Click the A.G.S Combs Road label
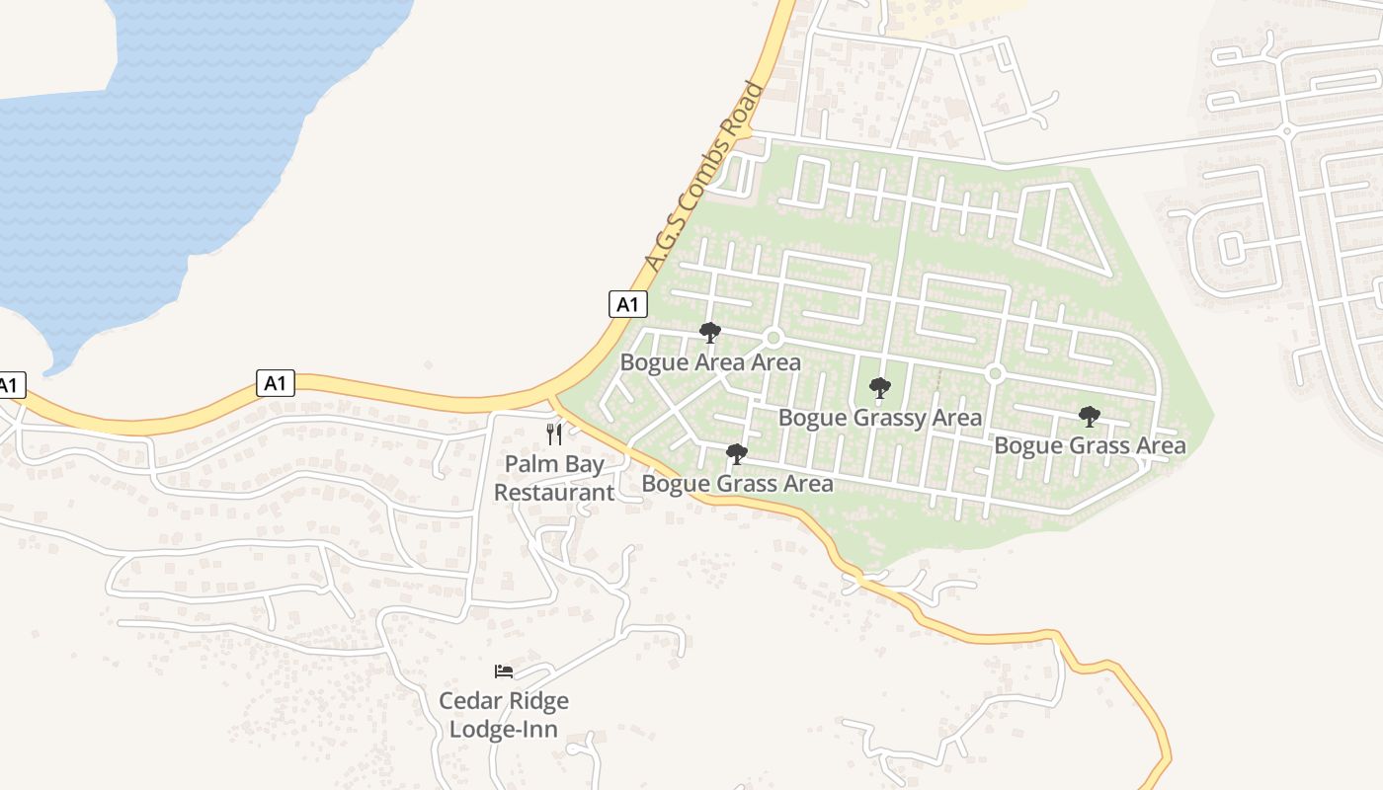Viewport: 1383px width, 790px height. click(x=704, y=177)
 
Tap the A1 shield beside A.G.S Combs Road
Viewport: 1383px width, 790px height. click(x=627, y=304)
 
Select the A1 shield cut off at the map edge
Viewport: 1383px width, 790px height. click(x=10, y=385)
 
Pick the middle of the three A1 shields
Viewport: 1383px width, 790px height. click(x=276, y=383)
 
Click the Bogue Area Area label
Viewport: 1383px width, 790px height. click(x=710, y=362)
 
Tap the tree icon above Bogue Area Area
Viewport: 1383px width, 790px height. click(x=709, y=333)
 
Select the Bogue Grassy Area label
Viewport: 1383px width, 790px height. click(x=880, y=418)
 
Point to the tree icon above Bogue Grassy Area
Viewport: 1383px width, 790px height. click(x=879, y=388)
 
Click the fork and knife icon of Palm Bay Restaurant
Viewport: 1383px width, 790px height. click(x=554, y=434)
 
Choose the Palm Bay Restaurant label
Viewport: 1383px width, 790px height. click(x=554, y=478)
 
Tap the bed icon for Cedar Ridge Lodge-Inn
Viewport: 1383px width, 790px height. click(x=504, y=671)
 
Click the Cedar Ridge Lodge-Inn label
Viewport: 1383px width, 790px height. click(x=504, y=715)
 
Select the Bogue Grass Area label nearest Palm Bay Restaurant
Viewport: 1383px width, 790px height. click(x=737, y=484)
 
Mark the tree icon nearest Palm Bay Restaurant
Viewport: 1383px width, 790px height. click(x=736, y=454)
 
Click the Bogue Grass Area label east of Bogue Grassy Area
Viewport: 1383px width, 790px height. click(x=1090, y=445)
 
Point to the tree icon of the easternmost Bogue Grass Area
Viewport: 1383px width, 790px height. click(x=1090, y=417)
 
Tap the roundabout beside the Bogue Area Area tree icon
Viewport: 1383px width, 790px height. click(x=773, y=338)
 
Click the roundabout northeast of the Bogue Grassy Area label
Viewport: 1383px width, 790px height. click(x=995, y=373)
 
